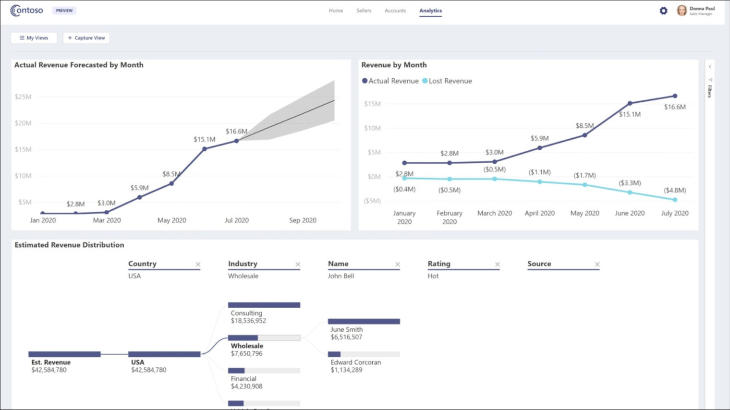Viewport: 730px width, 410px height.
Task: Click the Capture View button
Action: click(x=86, y=38)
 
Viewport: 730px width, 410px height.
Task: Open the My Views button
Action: click(x=34, y=38)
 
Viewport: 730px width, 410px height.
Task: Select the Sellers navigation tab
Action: click(x=364, y=11)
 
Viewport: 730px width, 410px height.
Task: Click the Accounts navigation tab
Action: click(x=395, y=11)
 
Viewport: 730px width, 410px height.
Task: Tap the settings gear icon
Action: click(x=663, y=11)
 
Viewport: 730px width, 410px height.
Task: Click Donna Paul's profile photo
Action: click(x=681, y=11)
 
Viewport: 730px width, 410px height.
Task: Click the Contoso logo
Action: click(x=27, y=11)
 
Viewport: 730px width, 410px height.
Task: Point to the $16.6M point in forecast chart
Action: click(x=236, y=141)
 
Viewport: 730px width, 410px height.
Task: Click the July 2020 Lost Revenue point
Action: click(x=675, y=200)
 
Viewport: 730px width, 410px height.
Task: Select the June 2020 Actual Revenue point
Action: click(x=630, y=103)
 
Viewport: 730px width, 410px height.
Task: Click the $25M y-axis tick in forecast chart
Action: click(x=23, y=97)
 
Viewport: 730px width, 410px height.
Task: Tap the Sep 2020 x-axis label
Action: click(x=303, y=220)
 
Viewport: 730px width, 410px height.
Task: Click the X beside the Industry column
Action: click(x=298, y=265)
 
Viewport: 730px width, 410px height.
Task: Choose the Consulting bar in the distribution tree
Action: click(x=264, y=305)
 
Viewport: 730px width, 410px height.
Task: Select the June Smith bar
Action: click(x=364, y=321)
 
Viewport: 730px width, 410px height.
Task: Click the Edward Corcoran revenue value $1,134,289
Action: click(x=346, y=370)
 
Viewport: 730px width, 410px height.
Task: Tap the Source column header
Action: click(x=539, y=264)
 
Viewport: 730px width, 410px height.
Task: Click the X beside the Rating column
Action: click(x=497, y=265)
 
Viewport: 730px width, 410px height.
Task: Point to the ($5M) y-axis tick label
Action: click(x=372, y=201)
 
